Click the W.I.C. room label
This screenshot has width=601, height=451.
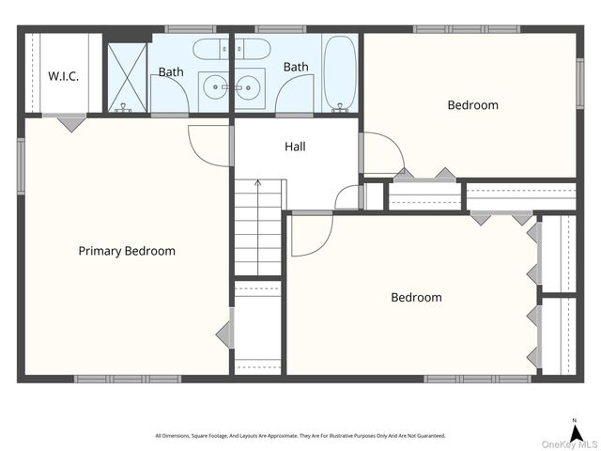63,76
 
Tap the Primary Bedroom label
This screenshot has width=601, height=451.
127,251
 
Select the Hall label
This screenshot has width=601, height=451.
295,147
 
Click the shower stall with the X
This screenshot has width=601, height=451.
128,77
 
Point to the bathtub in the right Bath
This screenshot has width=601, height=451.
340,73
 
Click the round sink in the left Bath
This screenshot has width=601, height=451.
215,87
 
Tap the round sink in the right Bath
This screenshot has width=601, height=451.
248,87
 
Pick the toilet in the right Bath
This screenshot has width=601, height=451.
253,49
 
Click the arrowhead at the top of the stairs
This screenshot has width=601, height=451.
258,182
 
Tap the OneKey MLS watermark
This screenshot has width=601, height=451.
569,444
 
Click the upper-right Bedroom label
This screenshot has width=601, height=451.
473,104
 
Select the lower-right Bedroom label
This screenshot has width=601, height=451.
416,297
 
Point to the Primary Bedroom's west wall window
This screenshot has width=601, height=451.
21,166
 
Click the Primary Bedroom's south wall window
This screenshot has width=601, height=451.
128,379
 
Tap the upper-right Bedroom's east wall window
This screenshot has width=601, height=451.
580,84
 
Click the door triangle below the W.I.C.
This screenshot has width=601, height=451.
71,124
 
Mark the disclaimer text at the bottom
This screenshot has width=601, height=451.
300,436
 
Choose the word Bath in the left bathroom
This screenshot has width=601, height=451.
171,71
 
